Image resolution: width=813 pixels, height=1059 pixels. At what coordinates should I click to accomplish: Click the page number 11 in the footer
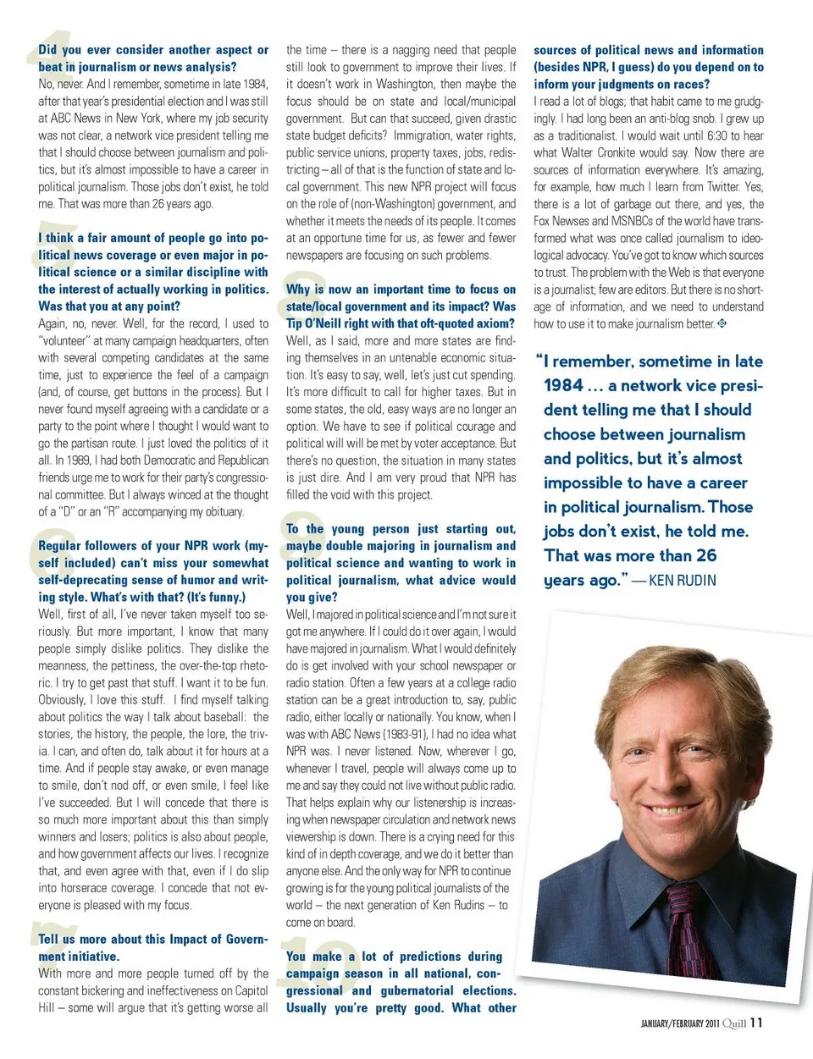pyautogui.click(x=756, y=1023)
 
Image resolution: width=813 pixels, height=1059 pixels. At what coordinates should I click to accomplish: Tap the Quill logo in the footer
pyautogui.click(x=734, y=1023)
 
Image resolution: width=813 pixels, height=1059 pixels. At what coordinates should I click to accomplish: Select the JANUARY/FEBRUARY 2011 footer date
pyautogui.click(x=679, y=1023)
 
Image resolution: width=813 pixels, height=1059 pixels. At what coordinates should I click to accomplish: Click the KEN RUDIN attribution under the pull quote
pyautogui.click(x=683, y=581)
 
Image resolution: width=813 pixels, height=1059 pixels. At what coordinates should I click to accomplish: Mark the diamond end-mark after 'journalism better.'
pyautogui.click(x=722, y=323)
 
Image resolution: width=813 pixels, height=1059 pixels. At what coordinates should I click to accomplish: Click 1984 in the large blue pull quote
pyautogui.click(x=563, y=386)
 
